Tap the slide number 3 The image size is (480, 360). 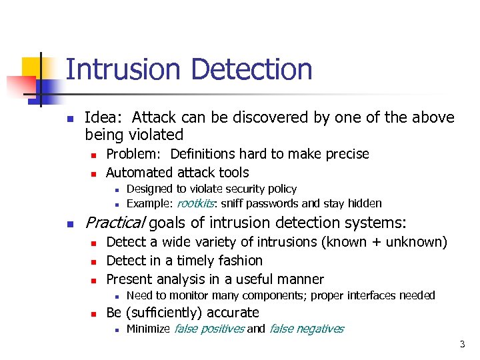point(461,344)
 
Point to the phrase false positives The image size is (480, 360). point(209,328)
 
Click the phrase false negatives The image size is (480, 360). point(306,328)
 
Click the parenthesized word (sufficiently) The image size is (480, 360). point(165,312)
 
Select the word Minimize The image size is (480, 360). point(148,328)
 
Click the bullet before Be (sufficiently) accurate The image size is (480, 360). point(95,313)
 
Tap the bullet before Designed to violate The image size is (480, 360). point(116,189)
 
